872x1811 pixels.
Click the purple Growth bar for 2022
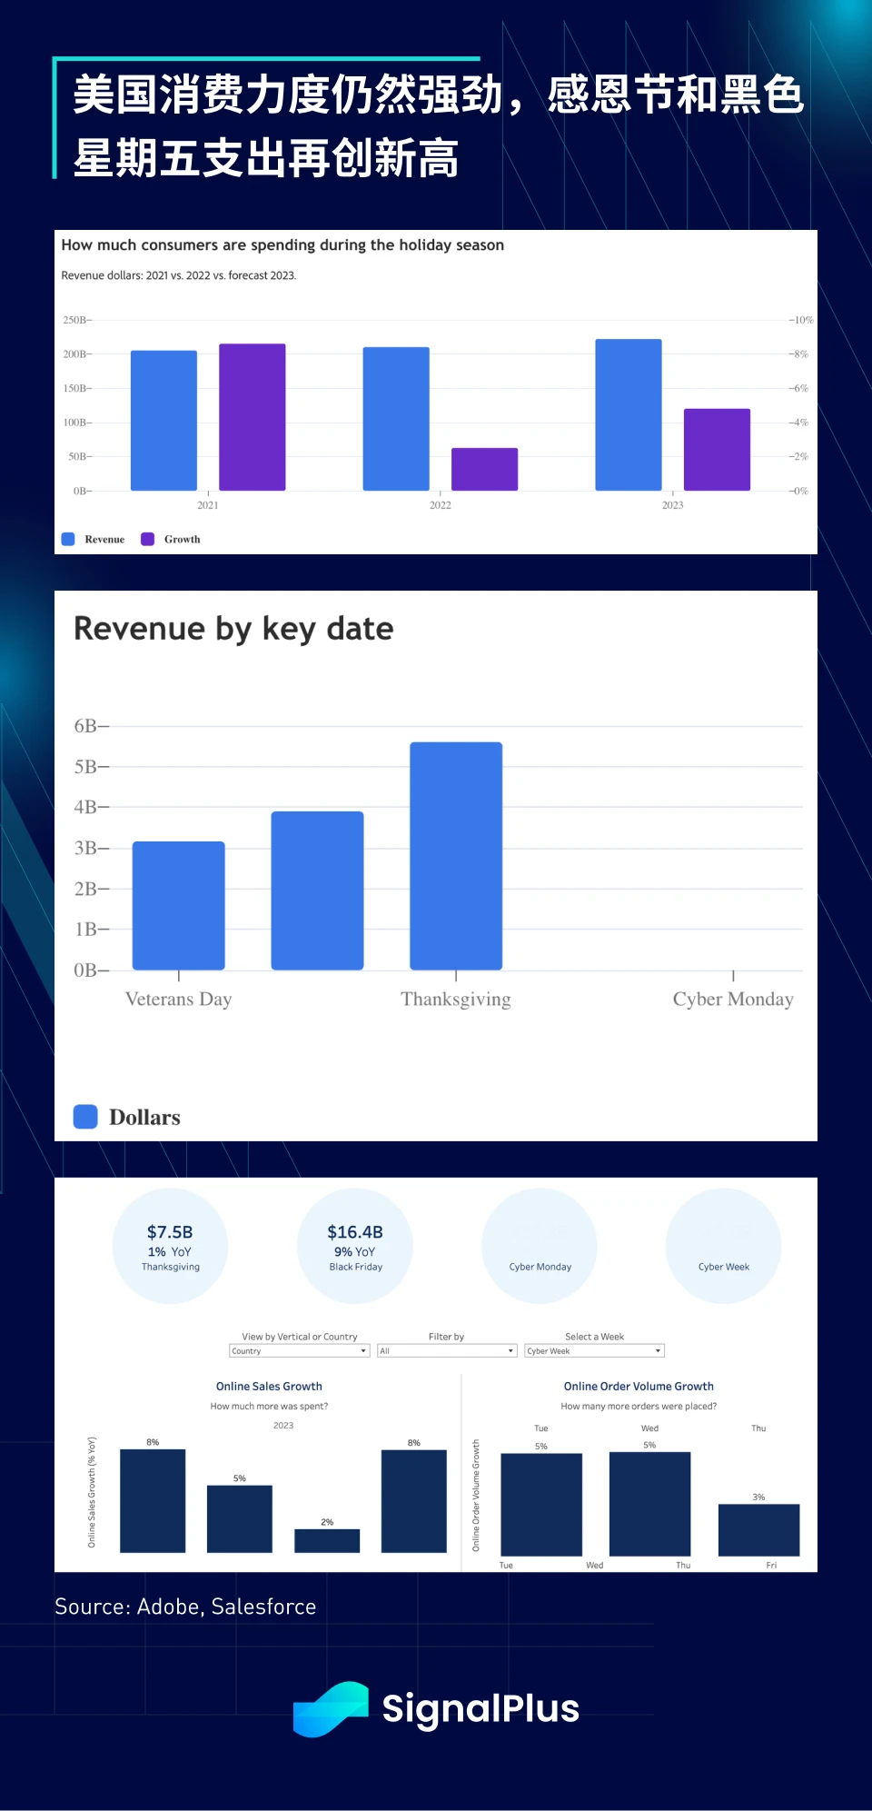pos(484,469)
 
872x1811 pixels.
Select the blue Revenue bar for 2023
pos(628,414)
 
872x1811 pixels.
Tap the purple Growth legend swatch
pos(148,539)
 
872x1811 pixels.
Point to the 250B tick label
pos(75,320)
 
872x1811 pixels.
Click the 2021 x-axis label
pos(208,505)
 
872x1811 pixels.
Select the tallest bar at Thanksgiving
pos(456,856)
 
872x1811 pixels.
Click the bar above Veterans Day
pos(179,905)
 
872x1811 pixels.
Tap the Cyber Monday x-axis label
pos(732,1000)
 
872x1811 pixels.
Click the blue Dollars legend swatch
pos(85,1117)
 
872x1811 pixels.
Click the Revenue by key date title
pos(233,629)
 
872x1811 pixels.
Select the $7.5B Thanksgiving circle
pos(170,1246)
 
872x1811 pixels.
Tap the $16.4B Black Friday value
pos(355,1232)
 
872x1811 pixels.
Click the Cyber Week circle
pos(723,1246)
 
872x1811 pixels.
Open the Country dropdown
pos(299,1351)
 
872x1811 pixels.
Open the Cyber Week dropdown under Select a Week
pos(594,1351)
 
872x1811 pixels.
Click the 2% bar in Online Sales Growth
pos(327,1540)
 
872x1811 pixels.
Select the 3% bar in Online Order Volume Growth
pos(758,1529)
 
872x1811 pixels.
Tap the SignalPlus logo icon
pos(331,1708)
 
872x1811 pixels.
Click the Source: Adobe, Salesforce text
pos(185,1607)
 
